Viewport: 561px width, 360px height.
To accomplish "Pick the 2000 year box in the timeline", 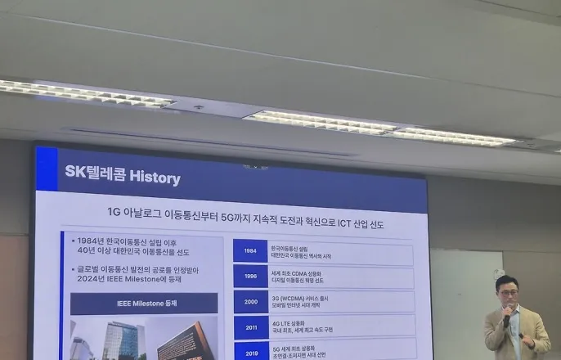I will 249,301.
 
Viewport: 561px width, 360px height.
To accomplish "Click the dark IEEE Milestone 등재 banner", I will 143,304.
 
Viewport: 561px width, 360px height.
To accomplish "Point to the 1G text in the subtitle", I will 114,211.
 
